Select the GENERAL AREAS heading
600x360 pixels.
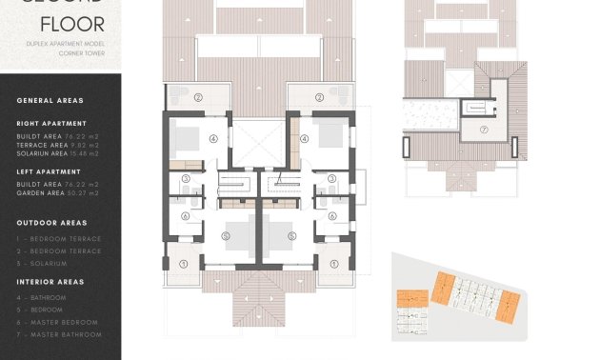(x=50, y=100)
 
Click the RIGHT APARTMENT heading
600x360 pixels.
(x=51, y=123)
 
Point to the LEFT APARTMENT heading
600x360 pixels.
(x=50, y=171)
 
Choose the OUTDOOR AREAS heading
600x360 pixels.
(x=51, y=223)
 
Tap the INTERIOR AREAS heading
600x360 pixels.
(x=50, y=282)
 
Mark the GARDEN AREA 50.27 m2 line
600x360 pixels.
(x=58, y=192)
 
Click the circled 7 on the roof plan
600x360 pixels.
(x=483, y=130)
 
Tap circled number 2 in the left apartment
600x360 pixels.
(x=199, y=97)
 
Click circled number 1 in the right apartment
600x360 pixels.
(x=333, y=263)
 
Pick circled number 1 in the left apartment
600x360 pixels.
(x=184, y=263)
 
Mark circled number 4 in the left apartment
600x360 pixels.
(x=213, y=138)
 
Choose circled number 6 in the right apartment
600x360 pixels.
(x=331, y=216)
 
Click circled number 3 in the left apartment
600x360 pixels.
(x=186, y=178)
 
